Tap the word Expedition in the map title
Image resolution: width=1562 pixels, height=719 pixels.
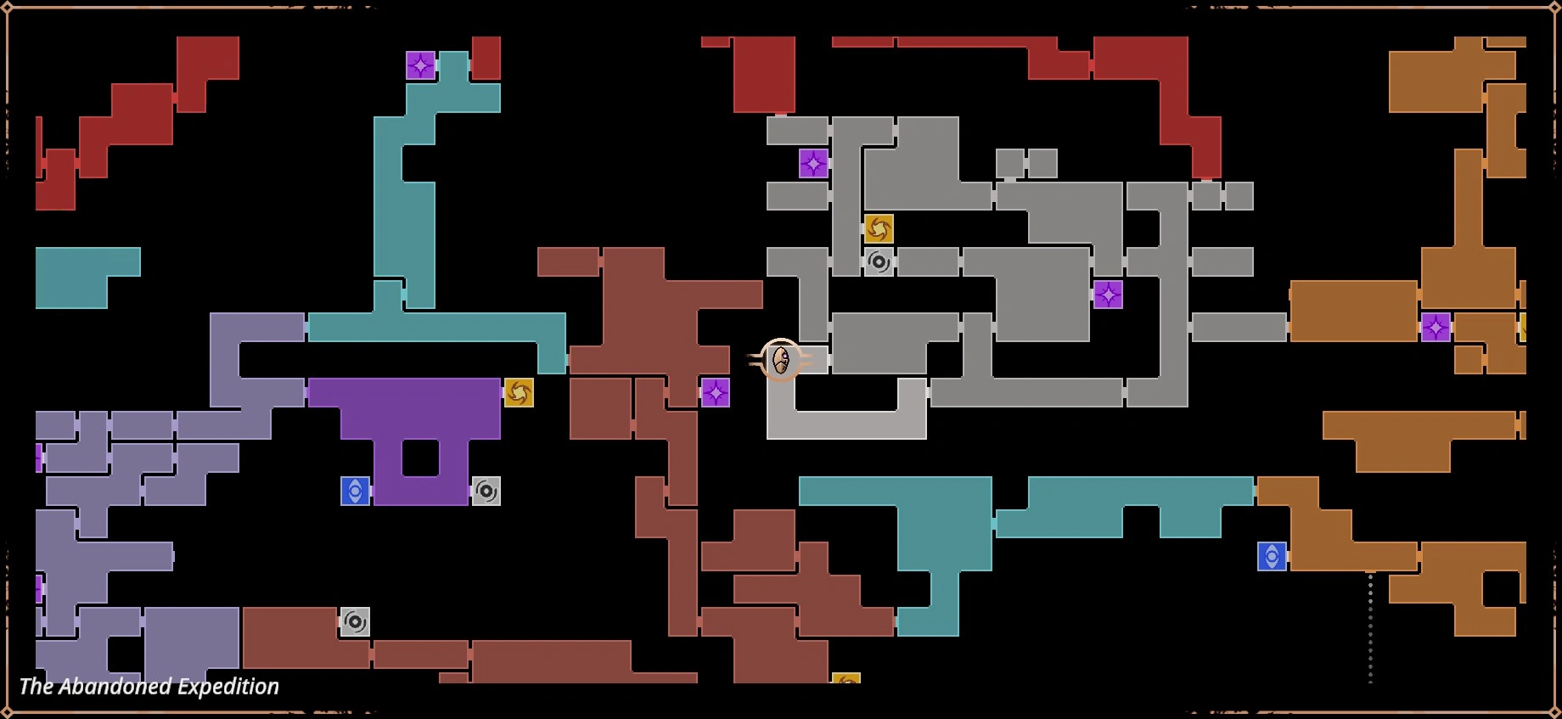point(228,687)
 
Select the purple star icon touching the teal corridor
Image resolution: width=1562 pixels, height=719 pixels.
point(420,65)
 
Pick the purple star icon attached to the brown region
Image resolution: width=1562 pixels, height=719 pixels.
point(715,392)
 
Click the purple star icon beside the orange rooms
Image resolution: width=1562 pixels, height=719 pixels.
point(1436,327)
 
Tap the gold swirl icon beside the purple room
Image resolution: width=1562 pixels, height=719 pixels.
point(519,392)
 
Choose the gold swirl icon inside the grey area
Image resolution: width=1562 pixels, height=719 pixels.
point(879,229)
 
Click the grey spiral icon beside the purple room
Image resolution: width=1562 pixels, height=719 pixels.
point(486,491)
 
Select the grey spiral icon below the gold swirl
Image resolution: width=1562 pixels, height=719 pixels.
point(879,262)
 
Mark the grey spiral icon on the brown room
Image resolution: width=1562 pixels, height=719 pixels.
point(355,621)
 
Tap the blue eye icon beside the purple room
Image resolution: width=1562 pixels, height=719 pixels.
point(355,491)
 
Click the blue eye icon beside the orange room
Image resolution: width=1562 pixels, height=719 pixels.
point(1272,556)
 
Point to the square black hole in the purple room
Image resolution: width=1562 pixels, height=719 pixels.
point(420,458)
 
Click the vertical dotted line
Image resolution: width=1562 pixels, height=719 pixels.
point(1369,627)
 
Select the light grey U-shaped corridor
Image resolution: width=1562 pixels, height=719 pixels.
point(846,424)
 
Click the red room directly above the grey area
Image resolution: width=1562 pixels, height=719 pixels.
point(764,74)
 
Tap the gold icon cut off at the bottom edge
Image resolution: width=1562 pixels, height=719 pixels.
point(846,678)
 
